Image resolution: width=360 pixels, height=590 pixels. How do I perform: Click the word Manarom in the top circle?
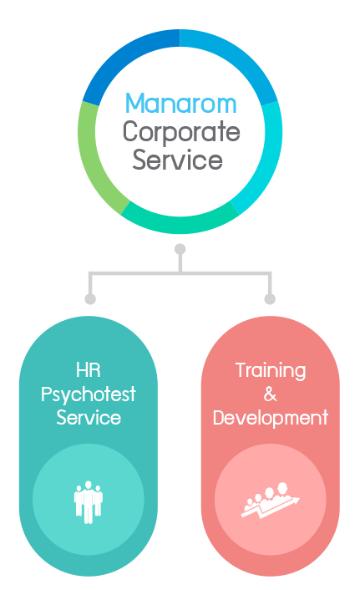point(180,103)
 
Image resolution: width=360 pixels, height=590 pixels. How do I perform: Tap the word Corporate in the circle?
point(181,132)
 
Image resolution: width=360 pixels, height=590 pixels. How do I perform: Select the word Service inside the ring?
point(178,160)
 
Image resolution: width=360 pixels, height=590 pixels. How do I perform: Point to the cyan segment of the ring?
point(267,158)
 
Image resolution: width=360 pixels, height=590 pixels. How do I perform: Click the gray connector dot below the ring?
point(180,249)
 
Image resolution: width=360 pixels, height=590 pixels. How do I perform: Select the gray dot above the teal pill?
point(90,299)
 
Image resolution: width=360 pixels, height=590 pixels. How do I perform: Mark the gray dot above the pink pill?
point(270,299)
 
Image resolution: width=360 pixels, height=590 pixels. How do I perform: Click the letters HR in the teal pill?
point(89,370)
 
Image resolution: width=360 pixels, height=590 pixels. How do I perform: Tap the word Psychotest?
point(88,395)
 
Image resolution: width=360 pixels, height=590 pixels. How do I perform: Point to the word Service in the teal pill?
point(89,418)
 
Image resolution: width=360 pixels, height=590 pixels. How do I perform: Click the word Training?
point(271,371)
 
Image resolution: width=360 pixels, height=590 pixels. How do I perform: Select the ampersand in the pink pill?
point(270,394)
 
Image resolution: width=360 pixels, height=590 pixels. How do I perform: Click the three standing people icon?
point(89,502)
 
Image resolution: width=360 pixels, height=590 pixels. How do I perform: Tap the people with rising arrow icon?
point(270,501)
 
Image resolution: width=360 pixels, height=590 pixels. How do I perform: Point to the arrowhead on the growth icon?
point(296,501)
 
